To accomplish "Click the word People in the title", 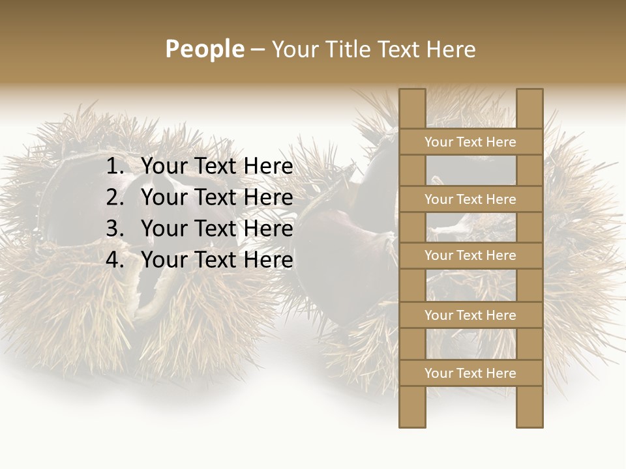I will [205, 49].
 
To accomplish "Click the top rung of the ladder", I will [470, 142].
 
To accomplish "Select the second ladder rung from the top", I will [470, 199].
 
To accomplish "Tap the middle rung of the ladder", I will [470, 255].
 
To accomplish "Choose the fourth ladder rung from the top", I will [470, 315].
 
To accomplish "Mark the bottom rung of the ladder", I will [470, 373].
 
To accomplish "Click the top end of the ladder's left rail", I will [412, 92].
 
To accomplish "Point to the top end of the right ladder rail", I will [529, 92].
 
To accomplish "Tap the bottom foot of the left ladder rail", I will [412, 423].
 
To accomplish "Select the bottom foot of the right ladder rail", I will [529, 423].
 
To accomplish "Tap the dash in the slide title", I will [258, 50].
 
